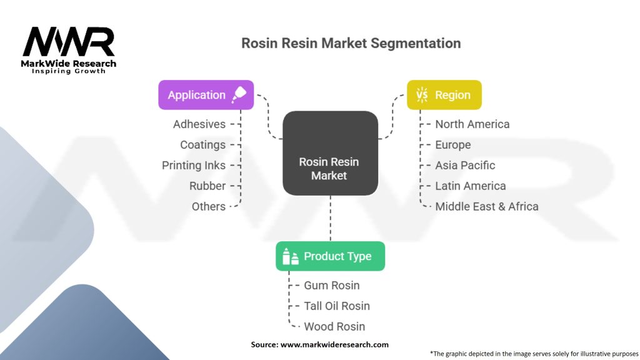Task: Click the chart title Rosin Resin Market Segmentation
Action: coord(351,43)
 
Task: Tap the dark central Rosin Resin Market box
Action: coord(330,154)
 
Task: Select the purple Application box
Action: coord(206,95)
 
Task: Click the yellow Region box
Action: coord(444,95)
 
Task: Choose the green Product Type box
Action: coord(330,256)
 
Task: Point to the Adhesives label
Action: coord(199,124)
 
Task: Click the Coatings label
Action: coord(202,145)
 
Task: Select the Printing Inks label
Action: coord(194,166)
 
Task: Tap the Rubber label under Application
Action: coord(207,186)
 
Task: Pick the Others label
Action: coord(209,206)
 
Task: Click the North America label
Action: coord(472,124)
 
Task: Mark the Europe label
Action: coord(452,145)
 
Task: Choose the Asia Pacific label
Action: coord(465,166)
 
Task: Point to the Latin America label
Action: coord(470,186)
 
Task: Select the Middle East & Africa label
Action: coord(486,206)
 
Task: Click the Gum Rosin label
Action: coord(331,286)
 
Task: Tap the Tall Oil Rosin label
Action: coord(336,306)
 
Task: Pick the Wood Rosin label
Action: coord(334,327)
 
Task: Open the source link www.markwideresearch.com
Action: coord(334,344)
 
